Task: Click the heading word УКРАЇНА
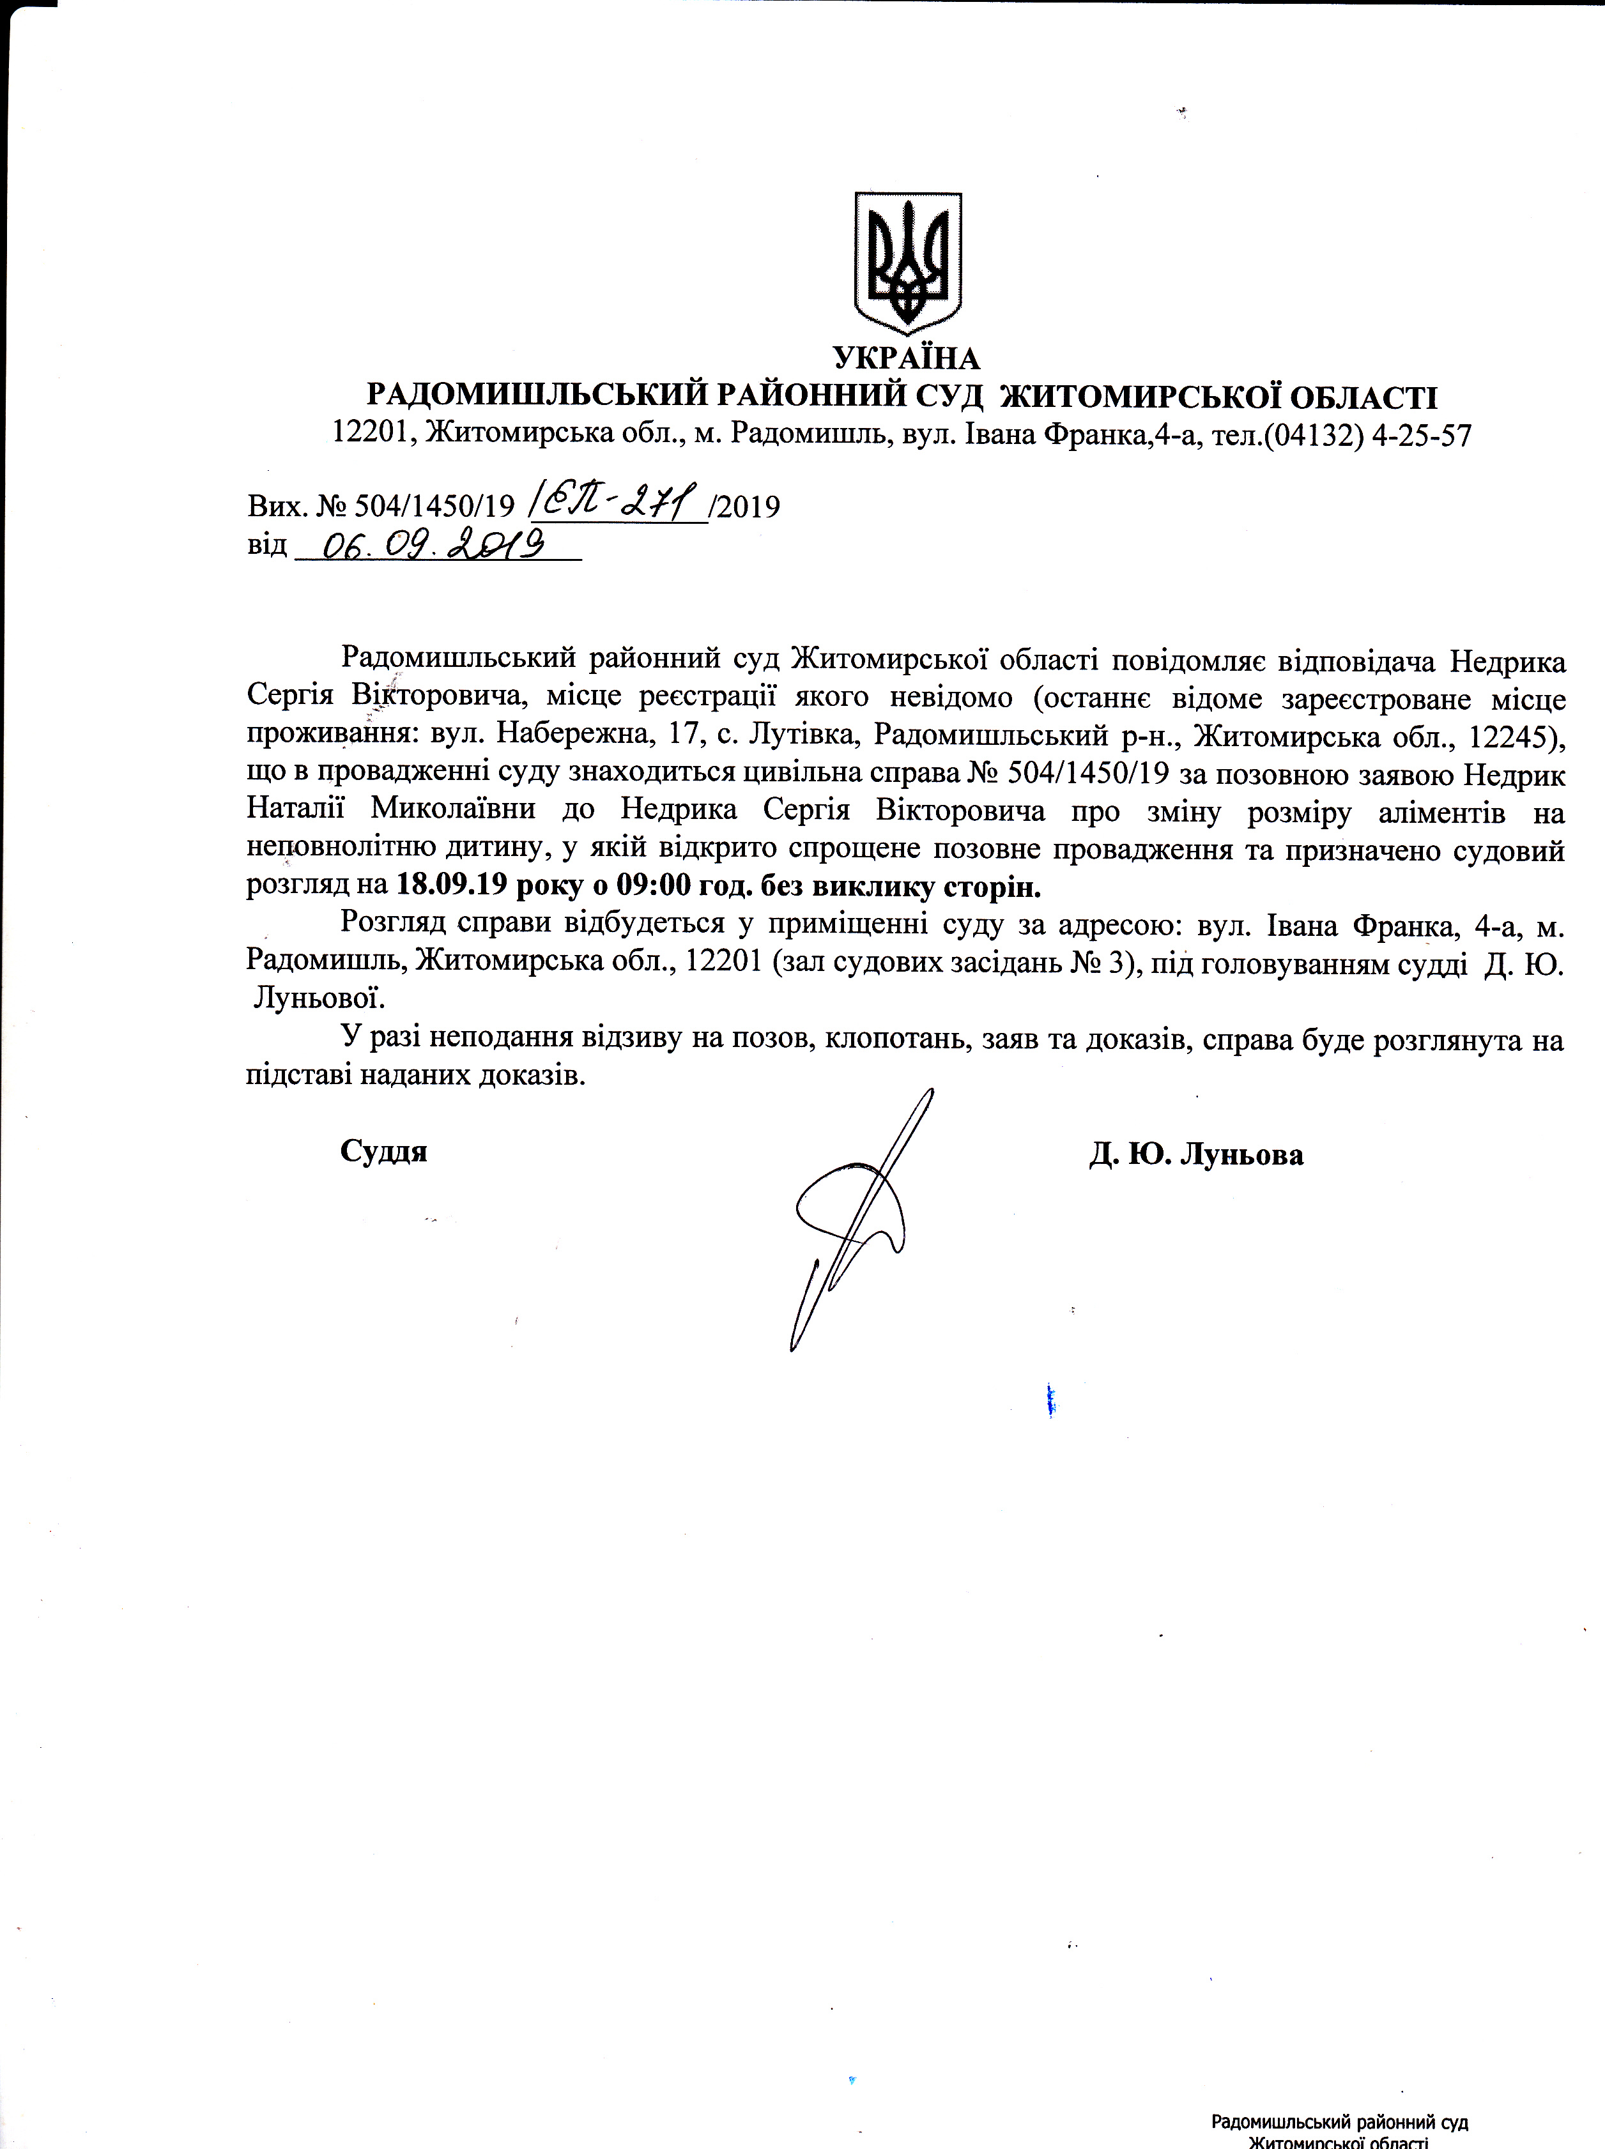coord(907,360)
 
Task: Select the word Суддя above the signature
coord(384,1152)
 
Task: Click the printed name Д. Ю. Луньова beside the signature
coord(1196,1154)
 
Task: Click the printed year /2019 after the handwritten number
coord(745,506)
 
